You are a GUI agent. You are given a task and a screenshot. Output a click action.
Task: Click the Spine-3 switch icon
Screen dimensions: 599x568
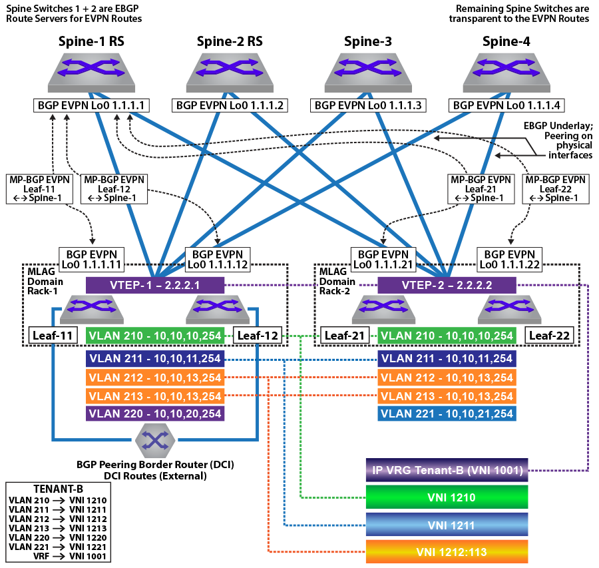click(368, 73)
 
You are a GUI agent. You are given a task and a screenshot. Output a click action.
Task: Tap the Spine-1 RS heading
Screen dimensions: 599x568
click(91, 41)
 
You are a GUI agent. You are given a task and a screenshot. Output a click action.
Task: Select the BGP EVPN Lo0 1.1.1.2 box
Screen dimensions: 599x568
click(230, 105)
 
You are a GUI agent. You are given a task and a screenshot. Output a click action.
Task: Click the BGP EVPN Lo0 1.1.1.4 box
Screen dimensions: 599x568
click(506, 105)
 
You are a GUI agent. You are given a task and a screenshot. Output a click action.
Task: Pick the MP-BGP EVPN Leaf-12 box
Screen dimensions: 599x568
click(114, 189)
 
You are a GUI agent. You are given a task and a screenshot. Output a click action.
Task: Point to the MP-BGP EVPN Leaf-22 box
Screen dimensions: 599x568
click(556, 189)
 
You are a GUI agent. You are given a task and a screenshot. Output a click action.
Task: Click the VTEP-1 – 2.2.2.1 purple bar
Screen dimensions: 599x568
click(155, 285)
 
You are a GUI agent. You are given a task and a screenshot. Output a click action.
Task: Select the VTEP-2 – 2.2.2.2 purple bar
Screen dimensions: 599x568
click(447, 285)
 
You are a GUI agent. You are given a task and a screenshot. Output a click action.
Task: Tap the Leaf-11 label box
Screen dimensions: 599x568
click(53, 336)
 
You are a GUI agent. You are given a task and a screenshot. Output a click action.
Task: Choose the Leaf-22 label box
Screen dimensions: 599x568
click(549, 336)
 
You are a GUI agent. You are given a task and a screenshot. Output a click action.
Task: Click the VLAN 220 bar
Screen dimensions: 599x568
click(155, 414)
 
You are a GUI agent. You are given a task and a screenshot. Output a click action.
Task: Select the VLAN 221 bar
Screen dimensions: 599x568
click(447, 414)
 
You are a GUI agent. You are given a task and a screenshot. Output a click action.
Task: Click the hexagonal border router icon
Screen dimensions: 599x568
click(155, 440)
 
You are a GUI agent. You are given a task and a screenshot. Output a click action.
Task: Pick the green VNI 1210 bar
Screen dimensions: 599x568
click(447, 497)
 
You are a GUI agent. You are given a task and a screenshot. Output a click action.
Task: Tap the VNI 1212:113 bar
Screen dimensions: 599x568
click(447, 551)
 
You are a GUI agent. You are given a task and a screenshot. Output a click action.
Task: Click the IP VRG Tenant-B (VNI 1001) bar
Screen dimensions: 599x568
click(447, 469)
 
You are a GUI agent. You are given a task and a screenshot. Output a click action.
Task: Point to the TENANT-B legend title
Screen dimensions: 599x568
click(58, 489)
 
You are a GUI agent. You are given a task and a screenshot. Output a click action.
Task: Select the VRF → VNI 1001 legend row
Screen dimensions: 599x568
click(70, 556)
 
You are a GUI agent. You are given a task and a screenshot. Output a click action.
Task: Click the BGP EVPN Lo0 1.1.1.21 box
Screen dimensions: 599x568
click(383, 260)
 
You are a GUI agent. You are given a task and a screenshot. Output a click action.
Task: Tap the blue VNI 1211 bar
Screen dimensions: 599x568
click(447, 525)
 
